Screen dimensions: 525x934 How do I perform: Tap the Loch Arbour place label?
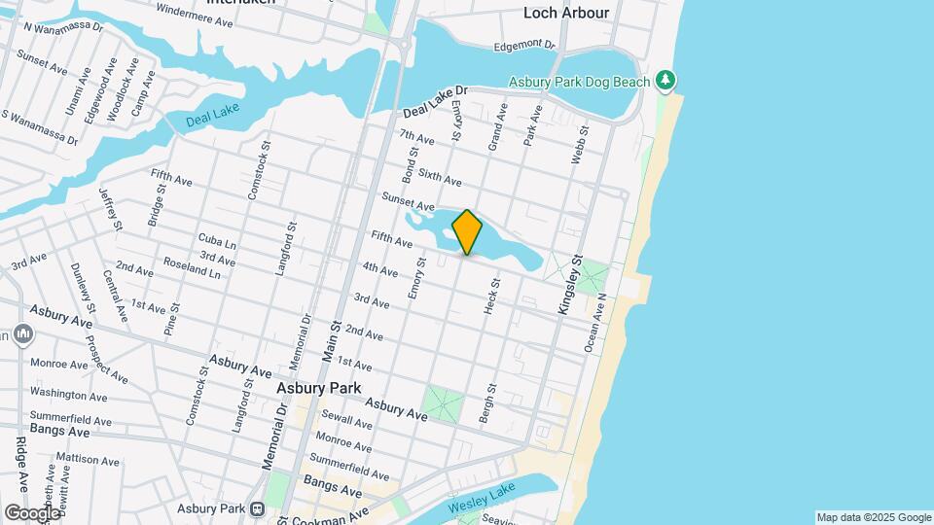pos(566,13)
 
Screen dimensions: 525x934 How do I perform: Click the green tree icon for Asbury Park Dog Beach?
pos(665,81)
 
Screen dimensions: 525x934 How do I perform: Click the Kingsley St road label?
pos(569,285)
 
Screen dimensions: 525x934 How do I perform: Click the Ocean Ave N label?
pos(595,324)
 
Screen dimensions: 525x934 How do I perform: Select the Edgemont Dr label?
pos(523,46)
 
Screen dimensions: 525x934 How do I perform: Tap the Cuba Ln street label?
pos(217,241)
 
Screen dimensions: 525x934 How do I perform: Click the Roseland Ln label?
pos(192,268)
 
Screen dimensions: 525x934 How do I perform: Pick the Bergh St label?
pos(484,403)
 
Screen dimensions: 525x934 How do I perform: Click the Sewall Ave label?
pos(349,423)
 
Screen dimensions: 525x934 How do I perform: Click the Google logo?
pos(32,512)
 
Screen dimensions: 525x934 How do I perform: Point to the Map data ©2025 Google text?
pos(874,517)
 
